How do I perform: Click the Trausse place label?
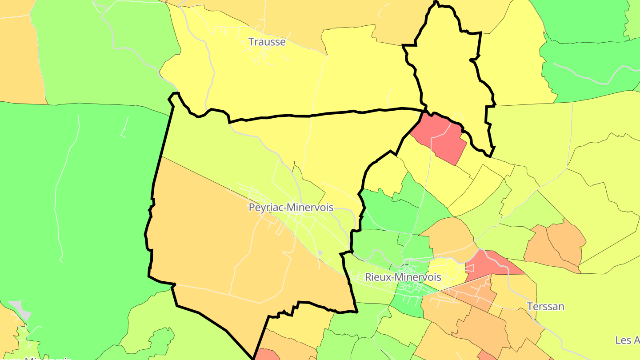[x=267, y=42]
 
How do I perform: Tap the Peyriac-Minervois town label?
[x=291, y=208]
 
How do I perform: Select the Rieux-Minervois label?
[x=403, y=277]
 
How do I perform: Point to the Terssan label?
[x=545, y=306]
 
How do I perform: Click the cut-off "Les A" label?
[x=627, y=340]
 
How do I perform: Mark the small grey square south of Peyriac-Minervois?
[x=320, y=253]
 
